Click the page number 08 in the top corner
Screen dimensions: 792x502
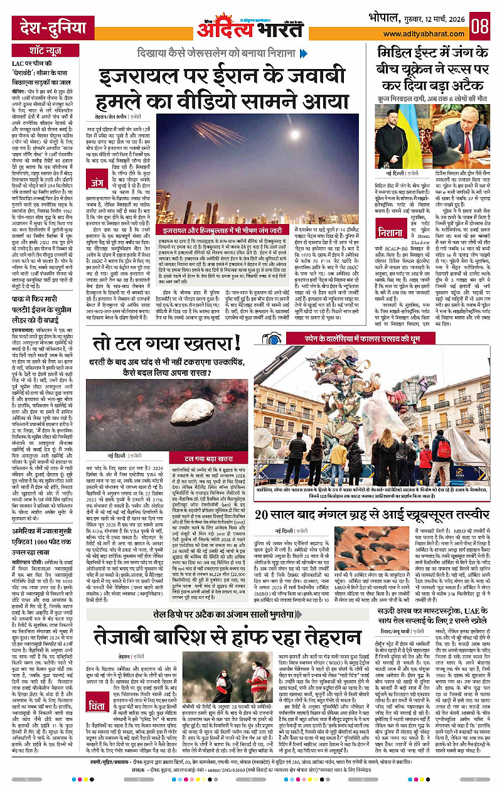point(480,27)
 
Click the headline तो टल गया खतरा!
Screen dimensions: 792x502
point(166,344)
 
